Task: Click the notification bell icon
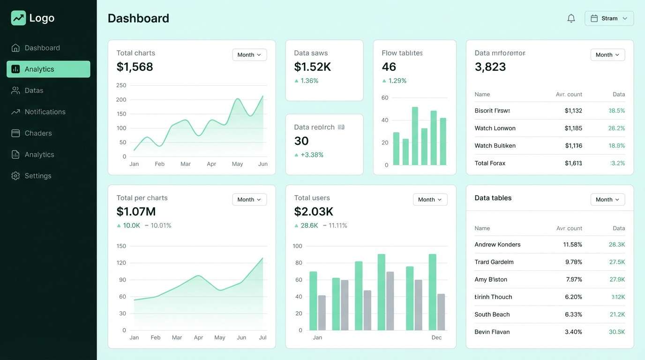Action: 571,18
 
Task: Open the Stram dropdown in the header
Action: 609,18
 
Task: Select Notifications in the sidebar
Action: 45,112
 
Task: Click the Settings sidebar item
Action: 38,176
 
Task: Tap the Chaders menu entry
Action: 38,133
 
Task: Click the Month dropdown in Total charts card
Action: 249,55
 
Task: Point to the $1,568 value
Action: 135,67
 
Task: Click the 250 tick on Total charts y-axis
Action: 121,85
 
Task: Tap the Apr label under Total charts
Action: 211,164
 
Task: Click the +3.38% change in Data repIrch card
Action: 312,155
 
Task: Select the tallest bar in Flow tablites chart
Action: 415,136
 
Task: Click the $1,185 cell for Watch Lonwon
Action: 573,128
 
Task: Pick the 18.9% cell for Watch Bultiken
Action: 616,146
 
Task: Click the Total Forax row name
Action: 490,163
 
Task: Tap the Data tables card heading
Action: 493,198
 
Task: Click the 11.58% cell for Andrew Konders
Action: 572,245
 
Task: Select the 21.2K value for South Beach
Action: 617,315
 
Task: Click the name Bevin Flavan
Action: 492,332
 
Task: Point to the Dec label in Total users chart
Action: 436,337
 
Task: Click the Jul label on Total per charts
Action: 262,337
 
